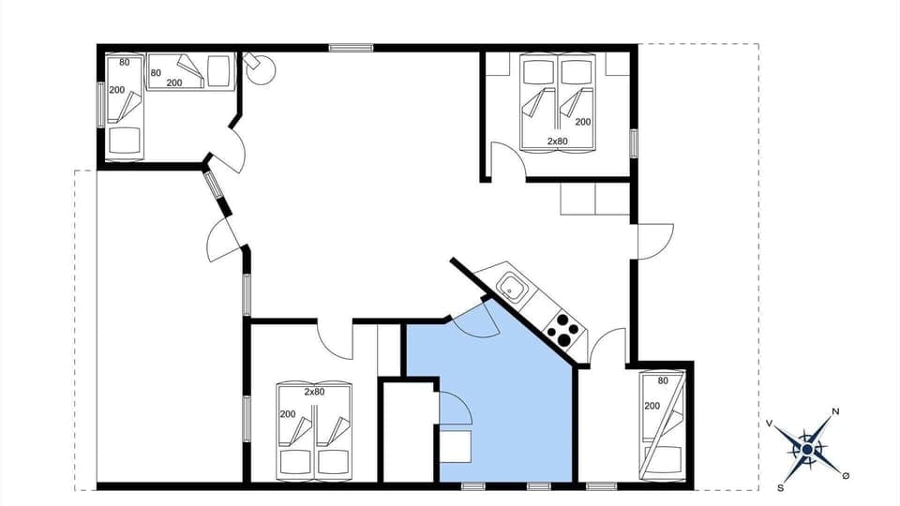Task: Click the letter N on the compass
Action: click(x=835, y=411)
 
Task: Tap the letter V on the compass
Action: click(x=770, y=424)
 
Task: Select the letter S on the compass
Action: click(x=780, y=487)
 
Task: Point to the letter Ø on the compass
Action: click(x=846, y=476)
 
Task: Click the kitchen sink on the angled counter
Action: click(x=512, y=286)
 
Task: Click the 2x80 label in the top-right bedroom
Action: click(x=557, y=141)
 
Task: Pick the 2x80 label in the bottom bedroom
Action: click(x=314, y=392)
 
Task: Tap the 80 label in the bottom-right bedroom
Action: click(x=663, y=381)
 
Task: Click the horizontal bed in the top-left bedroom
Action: click(x=190, y=72)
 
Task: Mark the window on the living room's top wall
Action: click(x=351, y=47)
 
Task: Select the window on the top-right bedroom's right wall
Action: click(x=634, y=142)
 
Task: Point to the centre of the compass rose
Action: click(x=807, y=449)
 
